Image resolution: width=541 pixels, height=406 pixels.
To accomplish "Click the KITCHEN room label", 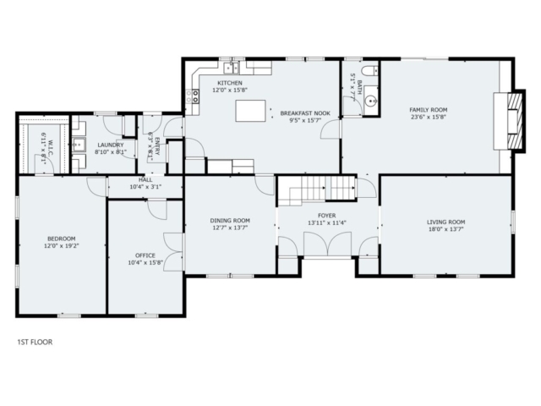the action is [x=230, y=83].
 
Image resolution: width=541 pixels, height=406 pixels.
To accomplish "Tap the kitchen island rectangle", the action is [x=250, y=111].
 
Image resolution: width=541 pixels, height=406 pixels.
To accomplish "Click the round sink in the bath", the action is [x=371, y=101].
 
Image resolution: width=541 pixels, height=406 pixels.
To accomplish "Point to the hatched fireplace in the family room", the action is [x=515, y=121].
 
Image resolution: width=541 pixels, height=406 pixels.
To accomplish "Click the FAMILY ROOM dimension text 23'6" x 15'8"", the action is [x=429, y=117].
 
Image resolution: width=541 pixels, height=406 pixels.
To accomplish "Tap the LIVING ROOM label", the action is [x=445, y=222].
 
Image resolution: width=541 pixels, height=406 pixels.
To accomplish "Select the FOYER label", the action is [x=327, y=216].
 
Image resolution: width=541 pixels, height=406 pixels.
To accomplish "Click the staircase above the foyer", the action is [x=317, y=190].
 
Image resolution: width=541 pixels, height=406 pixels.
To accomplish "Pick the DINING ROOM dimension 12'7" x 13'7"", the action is [x=230, y=228].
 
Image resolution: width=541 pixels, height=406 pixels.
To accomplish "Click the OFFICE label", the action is [x=145, y=255].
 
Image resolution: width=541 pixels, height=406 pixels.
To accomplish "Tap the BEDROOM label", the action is [x=62, y=239].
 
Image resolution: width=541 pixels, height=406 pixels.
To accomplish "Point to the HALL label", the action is [x=145, y=180].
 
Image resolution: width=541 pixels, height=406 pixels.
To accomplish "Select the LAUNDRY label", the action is [x=111, y=145].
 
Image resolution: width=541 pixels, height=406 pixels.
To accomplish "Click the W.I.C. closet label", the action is [x=51, y=147].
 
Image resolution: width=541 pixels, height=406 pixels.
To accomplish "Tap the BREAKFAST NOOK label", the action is [x=305, y=113].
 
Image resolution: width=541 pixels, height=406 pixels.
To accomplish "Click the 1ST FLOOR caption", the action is [x=35, y=342].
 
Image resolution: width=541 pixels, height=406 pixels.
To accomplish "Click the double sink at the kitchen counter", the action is [x=231, y=68].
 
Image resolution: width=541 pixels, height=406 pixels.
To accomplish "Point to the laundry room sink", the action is [x=79, y=145].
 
